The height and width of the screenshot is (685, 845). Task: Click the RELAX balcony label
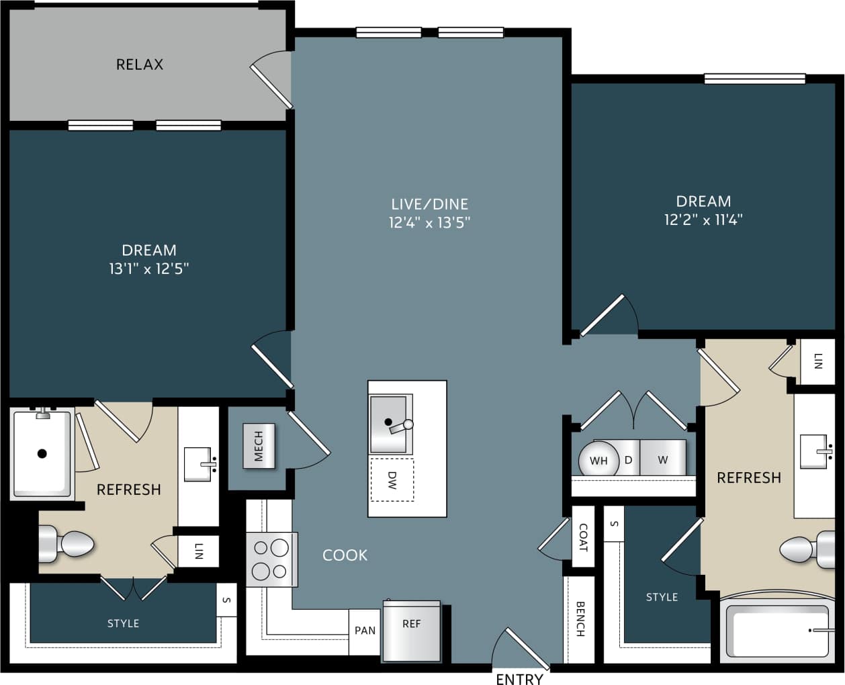[x=140, y=64]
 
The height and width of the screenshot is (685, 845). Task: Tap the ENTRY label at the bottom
[x=519, y=678]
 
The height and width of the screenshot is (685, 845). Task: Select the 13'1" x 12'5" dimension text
[x=149, y=269]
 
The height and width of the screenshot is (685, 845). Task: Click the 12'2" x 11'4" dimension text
[x=703, y=220]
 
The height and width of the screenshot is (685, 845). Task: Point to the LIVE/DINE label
[x=430, y=203]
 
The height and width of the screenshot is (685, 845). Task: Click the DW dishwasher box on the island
[x=392, y=479]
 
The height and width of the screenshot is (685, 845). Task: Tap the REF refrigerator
[x=411, y=631]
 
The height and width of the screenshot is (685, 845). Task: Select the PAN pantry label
[x=365, y=631]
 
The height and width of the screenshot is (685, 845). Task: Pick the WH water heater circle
[x=598, y=460]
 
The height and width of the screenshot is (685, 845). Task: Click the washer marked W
[x=662, y=459]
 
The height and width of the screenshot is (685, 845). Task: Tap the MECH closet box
[x=259, y=446]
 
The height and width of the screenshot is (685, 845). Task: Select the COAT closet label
[x=583, y=537]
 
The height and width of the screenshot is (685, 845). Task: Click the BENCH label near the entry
[x=580, y=619]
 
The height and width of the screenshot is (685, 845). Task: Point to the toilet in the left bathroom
[x=67, y=544]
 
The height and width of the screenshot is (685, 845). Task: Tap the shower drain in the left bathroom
[x=42, y=453]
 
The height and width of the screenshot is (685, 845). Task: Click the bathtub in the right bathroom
[x=778, y=632]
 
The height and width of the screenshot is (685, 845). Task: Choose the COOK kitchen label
[x=345, y=555]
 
